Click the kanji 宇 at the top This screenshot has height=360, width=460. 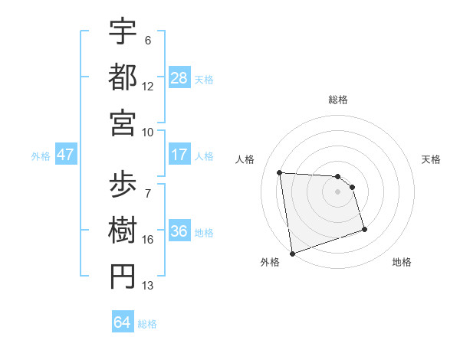(123, 31)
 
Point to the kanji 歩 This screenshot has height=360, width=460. (123, 184)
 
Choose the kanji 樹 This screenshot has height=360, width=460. (123, 230)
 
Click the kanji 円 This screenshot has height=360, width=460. (123, 277)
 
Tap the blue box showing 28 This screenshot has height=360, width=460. (179, 77)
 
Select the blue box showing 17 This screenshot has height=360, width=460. (179, 155)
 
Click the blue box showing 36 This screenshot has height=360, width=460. (179, 232)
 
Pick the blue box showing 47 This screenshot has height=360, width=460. (65, 155)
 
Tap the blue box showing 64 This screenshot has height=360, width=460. (122, 322)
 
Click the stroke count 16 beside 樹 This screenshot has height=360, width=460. (148, 240)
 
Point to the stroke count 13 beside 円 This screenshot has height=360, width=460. (148, 286)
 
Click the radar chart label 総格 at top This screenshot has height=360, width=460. (337, 100)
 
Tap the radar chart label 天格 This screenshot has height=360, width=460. (431, 159)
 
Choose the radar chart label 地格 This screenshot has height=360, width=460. (402, 262)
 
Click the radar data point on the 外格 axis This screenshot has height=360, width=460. (292, 253)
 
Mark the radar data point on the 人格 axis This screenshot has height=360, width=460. (280, 172)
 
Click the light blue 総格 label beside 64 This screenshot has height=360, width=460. (147, 324)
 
